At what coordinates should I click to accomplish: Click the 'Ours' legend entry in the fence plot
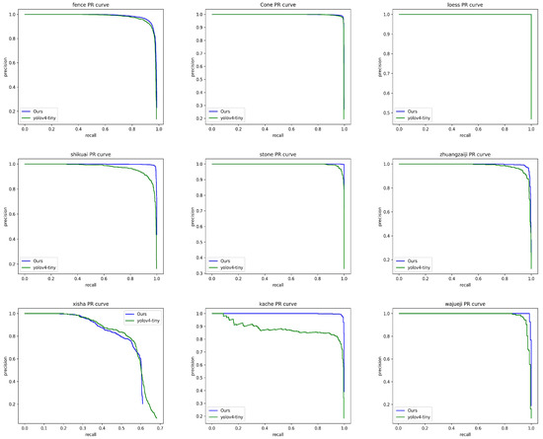coord(36,111)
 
